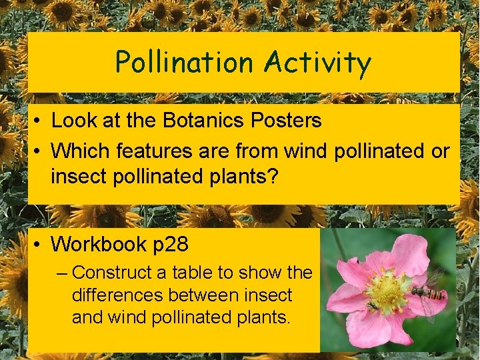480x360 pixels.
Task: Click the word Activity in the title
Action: pyautogui.click(x=317, y=63)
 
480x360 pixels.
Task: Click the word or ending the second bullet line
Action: pyautogui.click(x=440, y=151)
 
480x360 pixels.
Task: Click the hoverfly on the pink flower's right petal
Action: pyautogui.click(x=427, y=291)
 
